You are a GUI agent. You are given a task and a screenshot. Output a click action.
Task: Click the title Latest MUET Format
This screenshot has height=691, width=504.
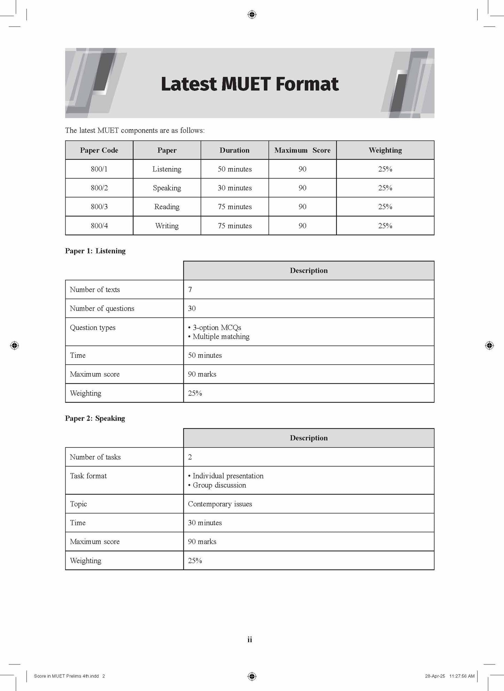pyautogui.click(x=250, y=84)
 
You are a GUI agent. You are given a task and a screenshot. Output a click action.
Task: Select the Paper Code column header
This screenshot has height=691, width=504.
pyautogui.click(x=99, y=150)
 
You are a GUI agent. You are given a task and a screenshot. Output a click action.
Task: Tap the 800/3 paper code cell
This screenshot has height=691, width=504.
pyautogui.click(x=99, y=207)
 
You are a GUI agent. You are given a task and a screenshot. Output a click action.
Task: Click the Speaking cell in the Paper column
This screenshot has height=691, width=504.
pyautogui.click(x=167, y=188)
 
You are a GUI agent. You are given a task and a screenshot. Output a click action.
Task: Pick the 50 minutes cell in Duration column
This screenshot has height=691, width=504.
pyautogui.click(x=234, y=169)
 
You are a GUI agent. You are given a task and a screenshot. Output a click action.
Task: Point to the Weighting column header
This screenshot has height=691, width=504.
pyautogui.click(x=385, y=150)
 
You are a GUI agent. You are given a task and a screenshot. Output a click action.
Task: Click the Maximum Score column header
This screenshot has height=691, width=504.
pyautogui.click(x=302, y=150)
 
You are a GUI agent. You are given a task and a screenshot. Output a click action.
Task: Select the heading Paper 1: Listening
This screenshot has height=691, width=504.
pyautogui.click(x=95, y=251)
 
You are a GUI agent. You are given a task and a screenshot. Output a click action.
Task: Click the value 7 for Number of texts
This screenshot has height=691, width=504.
pyautogui.click(x=190, y=290)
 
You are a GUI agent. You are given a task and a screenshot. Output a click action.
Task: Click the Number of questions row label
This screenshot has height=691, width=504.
pyautogui.click(x=102, y=309)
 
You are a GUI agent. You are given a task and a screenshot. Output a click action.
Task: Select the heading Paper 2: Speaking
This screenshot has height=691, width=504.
pyautogui.click(x=95, y=418)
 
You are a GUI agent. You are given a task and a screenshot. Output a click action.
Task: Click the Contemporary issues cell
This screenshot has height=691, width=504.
pyautogui.click(x=220, y=504)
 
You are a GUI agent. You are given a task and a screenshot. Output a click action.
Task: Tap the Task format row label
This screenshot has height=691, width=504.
pyautogui.click(x=88, y=476)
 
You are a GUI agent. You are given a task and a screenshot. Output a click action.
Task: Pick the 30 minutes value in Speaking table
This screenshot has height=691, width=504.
pyautogui.click(x=205, y=523)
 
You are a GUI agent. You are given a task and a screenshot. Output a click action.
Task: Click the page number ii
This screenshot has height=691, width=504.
pyautogui.click(x=250, y=640)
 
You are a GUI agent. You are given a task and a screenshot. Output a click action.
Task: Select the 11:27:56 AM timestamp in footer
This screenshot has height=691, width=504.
pyautogui.click(x=462, y=676)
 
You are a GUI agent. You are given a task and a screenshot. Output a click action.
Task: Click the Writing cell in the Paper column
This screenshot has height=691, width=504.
pyautogui.click(x=167, y=226)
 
